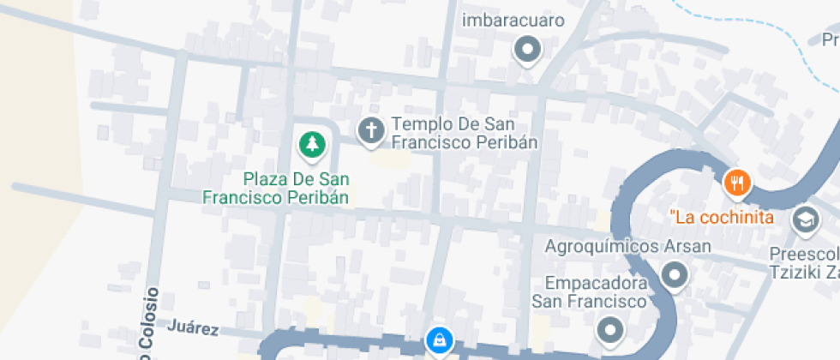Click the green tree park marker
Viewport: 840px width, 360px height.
[x=313, y=144]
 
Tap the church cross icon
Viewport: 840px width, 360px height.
[x=370, y=131]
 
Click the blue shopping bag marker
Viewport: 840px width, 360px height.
[x=439, y=340]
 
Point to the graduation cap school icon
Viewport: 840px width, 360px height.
[x=806, y=219]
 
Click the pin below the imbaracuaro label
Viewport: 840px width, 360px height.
[x=527, y=50]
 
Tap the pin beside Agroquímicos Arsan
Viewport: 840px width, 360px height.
[x=675, y=275]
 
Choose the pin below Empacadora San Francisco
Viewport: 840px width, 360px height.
[x=609, y=329]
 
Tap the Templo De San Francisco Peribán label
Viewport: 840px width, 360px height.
[x=465, y=133]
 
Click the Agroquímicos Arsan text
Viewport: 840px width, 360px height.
[x=628, y=247]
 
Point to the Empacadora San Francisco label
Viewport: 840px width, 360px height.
[x=588, y=292]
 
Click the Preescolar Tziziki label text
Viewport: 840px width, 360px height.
[x=804, y=264]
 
